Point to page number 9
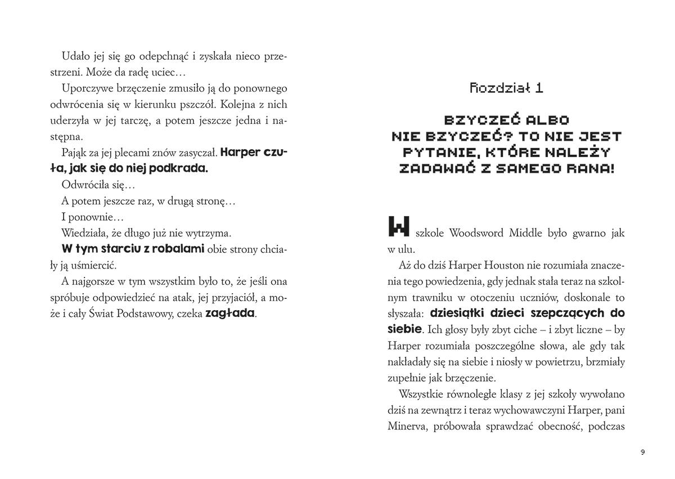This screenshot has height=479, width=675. click(x=642, y=451)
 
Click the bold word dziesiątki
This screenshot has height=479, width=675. click(x=461, y=313)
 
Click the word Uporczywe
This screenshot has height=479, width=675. click(x=84, y=88)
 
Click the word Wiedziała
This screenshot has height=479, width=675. click(x=84, y=232)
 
